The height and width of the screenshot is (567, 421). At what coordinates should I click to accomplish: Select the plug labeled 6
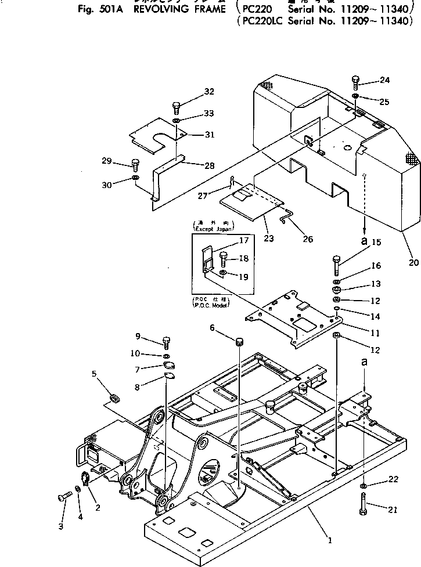[x=238, y=338]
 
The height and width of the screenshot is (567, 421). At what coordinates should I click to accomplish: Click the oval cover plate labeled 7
[x=170, y=365]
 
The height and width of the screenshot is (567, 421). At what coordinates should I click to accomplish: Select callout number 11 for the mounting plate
[x=376, y=333]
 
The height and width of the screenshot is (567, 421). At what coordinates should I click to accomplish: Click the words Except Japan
[x=209, y=230]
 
